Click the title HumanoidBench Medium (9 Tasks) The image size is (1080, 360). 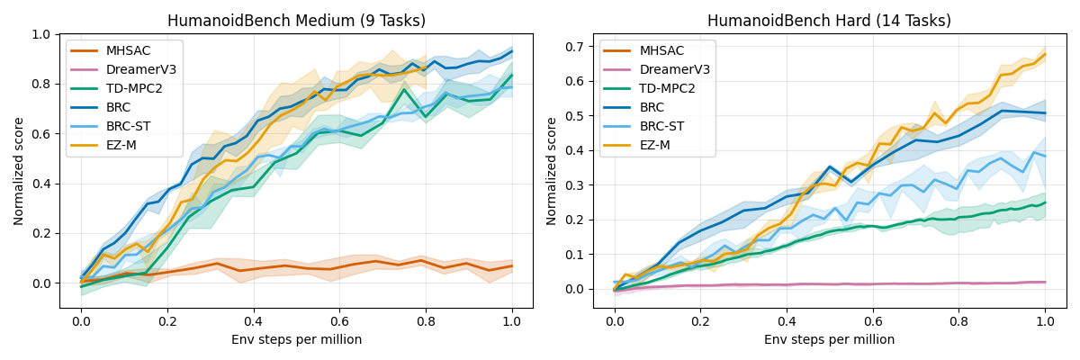coord(296,21)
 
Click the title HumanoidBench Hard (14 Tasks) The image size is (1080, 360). coord(829,21)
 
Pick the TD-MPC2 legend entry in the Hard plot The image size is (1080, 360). coord(667,88)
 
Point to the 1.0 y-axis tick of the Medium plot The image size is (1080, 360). coord(42,34)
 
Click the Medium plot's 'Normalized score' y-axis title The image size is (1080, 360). coord(19,171)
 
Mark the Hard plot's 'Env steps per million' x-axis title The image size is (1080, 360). coord(829,339)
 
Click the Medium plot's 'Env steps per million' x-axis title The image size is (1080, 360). coord(296,339)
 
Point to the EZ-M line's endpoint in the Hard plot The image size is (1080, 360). coord(1045,54)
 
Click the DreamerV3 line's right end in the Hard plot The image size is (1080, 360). coord(1045,282)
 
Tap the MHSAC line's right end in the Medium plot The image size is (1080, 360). coord(511,265)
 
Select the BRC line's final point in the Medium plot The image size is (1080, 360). coord(511,51)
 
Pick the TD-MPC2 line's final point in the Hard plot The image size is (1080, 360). coord(1045,202)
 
